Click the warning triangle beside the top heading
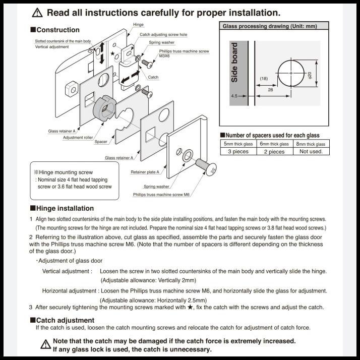coord(37,13)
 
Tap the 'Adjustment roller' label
coord(77,137)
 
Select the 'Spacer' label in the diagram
coord(101,142)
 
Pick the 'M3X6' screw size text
coord(164,56)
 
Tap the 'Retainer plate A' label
coord(145,172)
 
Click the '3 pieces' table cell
coord(238,151)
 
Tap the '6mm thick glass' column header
coord(274,144)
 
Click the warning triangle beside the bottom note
coord(45,345)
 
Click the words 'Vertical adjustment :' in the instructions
coord(67,271)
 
